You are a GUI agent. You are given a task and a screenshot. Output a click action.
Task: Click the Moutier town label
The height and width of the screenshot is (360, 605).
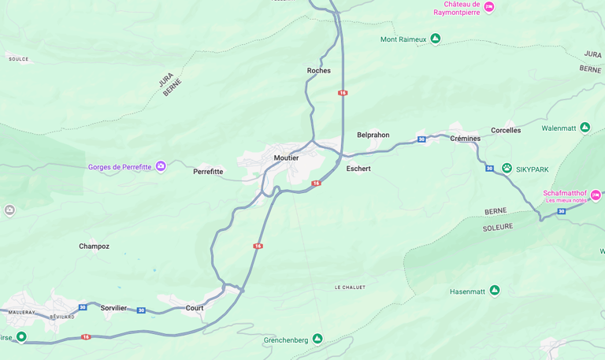point(286,158)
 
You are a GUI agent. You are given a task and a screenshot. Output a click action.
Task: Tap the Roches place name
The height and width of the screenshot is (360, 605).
point(319,71)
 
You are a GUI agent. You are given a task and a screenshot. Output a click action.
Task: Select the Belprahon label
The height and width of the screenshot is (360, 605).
point(373,135)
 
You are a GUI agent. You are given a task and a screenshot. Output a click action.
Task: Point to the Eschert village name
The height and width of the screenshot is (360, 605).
point(358,169)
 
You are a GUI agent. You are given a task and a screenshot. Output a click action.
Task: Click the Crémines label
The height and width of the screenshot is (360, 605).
point(465,139)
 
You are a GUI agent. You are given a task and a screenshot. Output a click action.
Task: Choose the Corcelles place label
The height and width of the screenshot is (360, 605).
point(506,130)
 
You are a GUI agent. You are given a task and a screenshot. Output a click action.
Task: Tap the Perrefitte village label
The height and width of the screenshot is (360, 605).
point(208,171)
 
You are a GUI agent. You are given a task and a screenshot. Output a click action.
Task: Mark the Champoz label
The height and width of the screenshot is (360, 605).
point(94,247)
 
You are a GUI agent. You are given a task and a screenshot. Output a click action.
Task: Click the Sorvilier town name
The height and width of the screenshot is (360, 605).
point(113,308)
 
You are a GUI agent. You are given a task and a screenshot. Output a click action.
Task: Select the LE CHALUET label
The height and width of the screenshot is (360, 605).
point(350,288)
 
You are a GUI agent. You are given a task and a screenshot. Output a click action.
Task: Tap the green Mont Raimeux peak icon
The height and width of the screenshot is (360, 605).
point(435,39)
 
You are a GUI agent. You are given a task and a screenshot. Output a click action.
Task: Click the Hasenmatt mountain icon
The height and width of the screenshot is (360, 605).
point(495,291)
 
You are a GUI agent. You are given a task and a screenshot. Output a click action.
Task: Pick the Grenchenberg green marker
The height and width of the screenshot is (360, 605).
point(317,339)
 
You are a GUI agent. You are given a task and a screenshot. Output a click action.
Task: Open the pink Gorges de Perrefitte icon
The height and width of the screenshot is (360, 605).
point(161,166)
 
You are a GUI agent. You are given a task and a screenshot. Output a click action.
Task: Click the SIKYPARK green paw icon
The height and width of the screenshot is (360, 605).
point(507,168)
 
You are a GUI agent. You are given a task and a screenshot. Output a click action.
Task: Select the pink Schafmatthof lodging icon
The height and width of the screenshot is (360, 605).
point(596,195)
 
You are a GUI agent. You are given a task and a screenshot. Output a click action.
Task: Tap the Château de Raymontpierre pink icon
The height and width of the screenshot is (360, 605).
point(489,7)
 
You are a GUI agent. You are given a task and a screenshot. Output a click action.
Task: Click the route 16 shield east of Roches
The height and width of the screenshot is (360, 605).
point(343,93)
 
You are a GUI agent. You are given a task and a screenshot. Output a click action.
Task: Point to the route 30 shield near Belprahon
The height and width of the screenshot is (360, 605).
point(421,139)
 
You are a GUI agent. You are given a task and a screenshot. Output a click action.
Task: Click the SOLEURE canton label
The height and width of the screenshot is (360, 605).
point(497,227)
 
